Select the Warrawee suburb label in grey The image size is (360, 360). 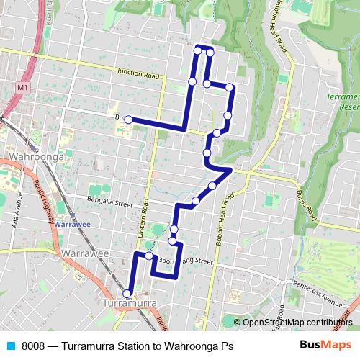[x=84, y=254]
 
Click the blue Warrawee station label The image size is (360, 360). [x=75, y=223]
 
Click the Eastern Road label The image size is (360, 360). [x=145, y=217]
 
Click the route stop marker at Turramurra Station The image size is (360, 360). [x=127, y=293]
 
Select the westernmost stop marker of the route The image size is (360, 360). [x=127, y=120]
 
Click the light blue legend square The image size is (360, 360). [x=10, y=346]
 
